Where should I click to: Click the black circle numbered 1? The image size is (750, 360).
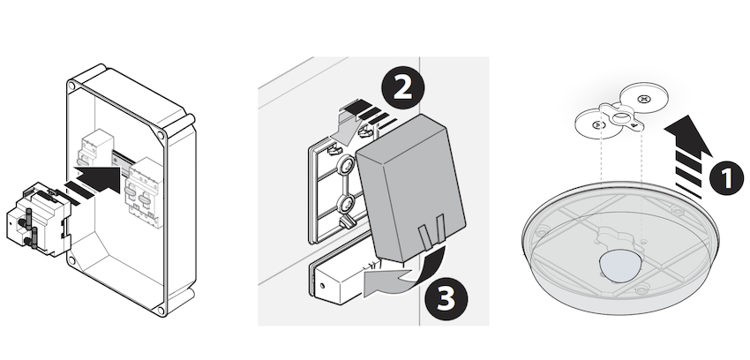[x=726, y=178]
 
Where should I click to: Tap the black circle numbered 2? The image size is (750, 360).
[x=402, y=88]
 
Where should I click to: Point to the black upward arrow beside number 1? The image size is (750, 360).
[x=688, y=156]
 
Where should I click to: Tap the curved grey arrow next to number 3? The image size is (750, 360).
[x=405, y=274]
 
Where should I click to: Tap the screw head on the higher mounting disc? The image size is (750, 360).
[x=644, y=99]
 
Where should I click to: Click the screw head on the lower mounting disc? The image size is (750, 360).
[x=597, y=124]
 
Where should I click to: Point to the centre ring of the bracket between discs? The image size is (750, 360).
[x=620, y=116]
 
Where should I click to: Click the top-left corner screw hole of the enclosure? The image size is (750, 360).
[x=71, y=86]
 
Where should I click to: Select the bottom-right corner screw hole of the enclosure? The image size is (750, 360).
[x=161, y=311]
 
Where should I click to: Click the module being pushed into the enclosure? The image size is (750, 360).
[x=39, y=218]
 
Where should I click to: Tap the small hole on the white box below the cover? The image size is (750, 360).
[x=322, y=286]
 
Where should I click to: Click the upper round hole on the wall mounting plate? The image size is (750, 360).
[x=346, y=166]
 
